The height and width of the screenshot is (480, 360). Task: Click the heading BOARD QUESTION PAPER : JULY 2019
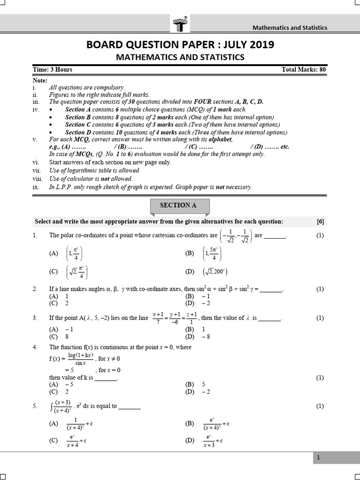point(180,45)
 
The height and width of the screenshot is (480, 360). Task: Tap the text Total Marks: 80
point(303,70)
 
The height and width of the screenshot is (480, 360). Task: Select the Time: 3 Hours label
point(52,70)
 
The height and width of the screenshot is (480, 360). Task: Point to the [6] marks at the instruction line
point(320,222)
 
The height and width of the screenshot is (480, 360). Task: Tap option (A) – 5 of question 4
point(61,384)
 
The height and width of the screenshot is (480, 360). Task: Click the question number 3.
point(35,318)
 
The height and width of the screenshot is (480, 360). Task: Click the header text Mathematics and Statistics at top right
point(290,27)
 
